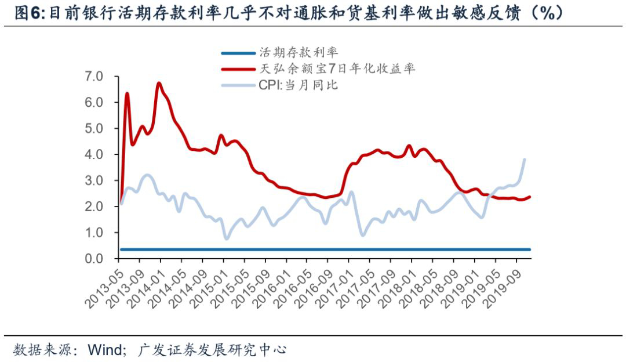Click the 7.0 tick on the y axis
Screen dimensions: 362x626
93,76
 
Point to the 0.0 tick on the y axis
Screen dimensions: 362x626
93,259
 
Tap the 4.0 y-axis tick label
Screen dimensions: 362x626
93,154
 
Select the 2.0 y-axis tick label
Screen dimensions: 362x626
93,207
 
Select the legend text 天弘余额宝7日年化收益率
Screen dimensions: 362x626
337,69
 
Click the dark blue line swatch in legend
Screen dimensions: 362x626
237,53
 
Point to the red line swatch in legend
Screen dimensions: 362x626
237,69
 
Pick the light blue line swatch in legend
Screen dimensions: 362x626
237,85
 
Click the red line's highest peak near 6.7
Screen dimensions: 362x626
159,84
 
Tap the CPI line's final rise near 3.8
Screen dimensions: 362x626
525,160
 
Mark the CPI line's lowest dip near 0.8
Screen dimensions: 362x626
227,238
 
